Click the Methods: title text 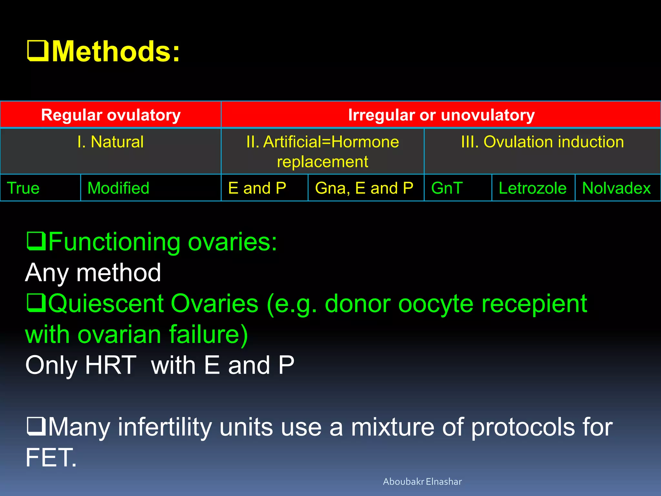[116, 52]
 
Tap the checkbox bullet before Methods [37, 51]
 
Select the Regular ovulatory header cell [111, 115]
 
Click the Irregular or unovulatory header [441, 115]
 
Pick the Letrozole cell [533, 188]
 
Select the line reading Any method [93, 273]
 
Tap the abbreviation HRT [111, 365]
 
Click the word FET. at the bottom [51, 457]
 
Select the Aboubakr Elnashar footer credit [422, 481]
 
